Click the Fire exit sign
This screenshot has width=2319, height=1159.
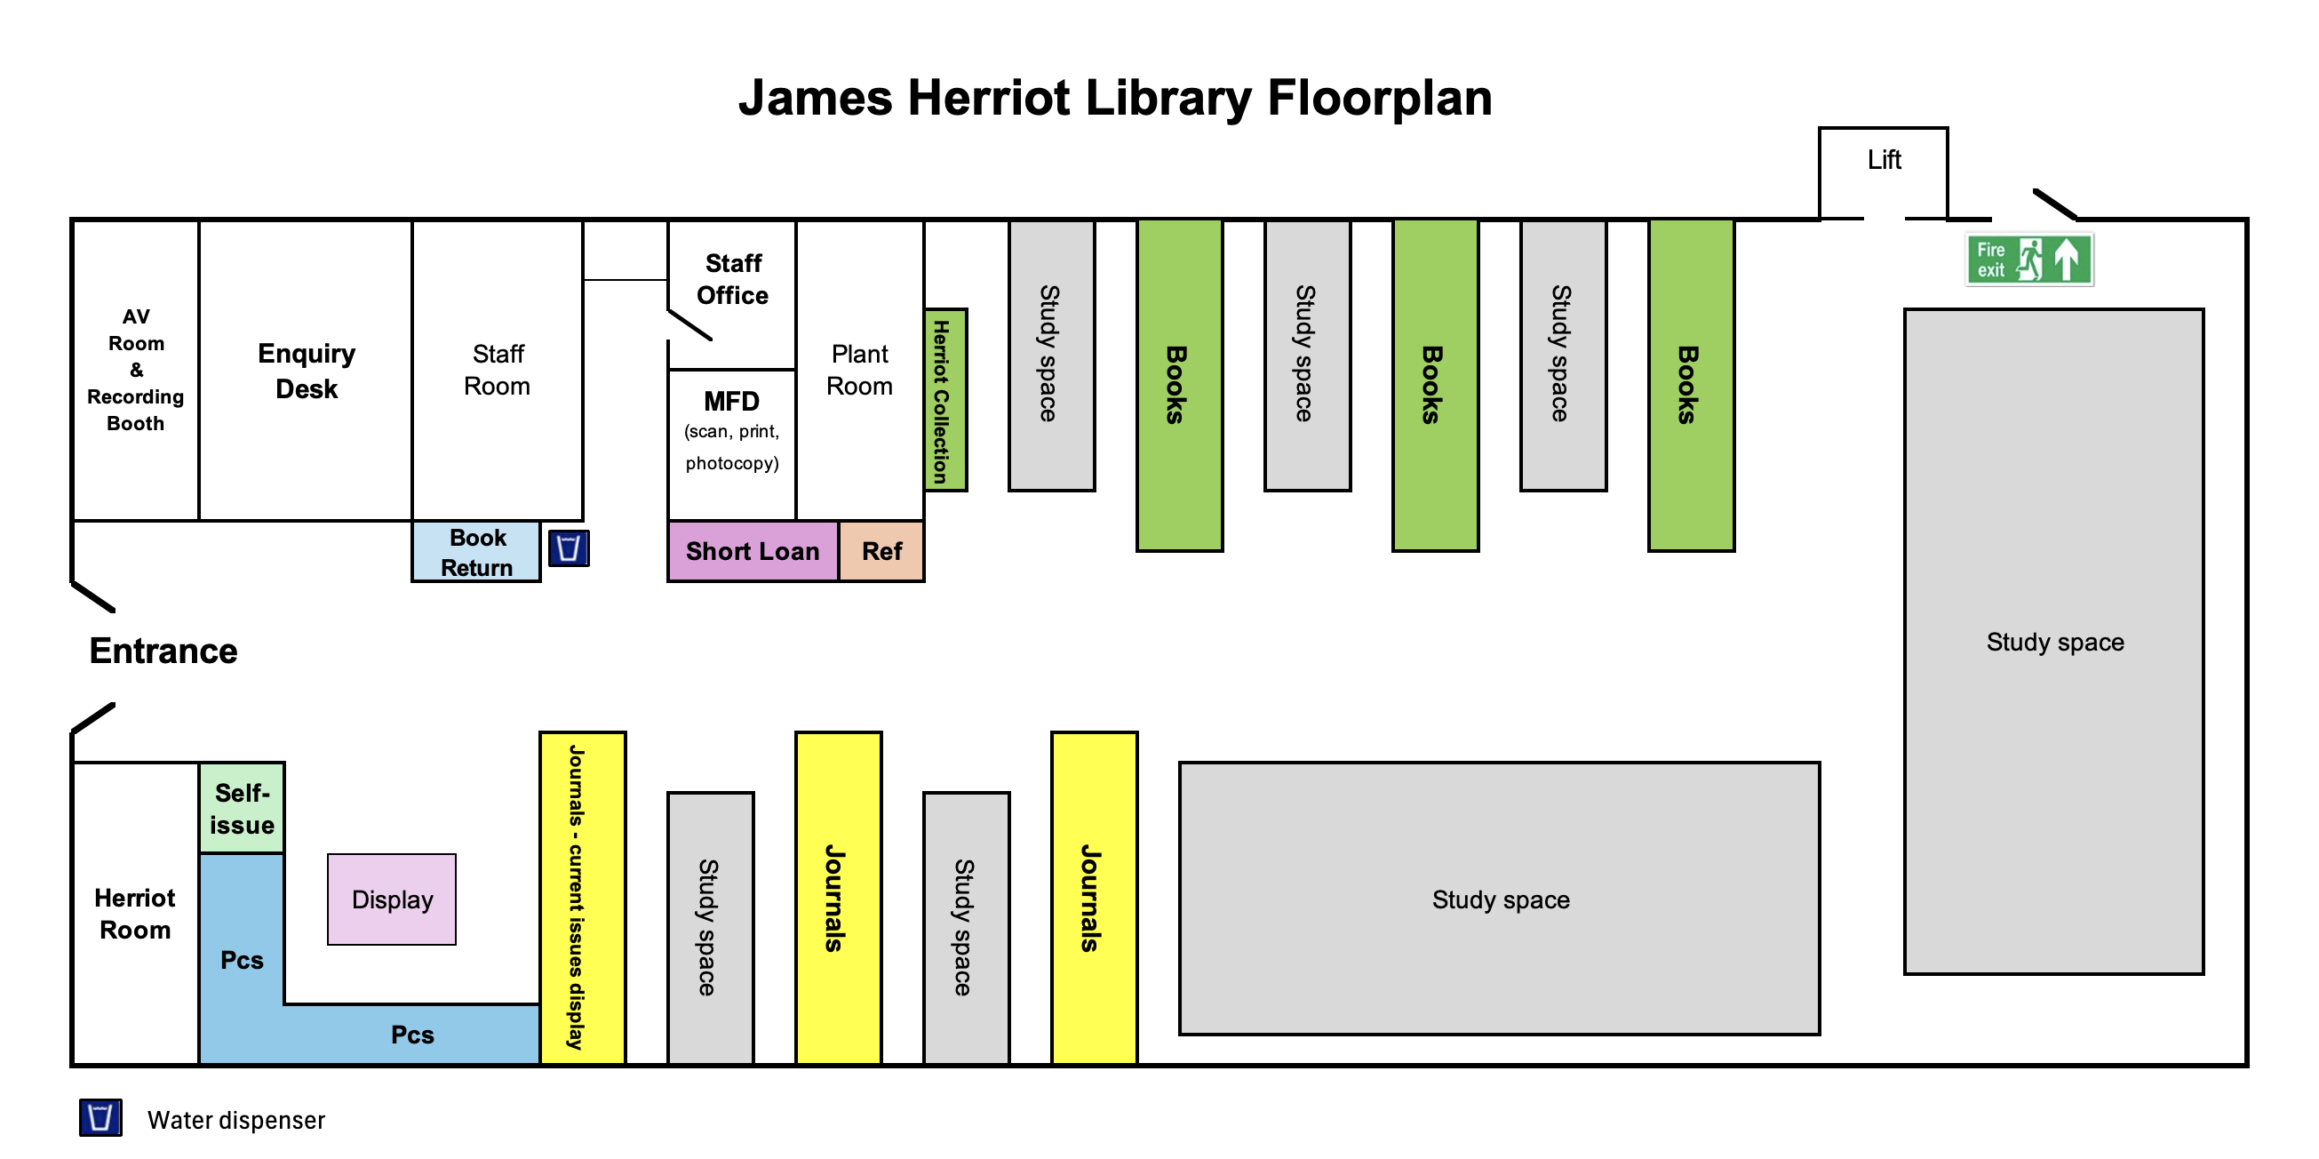(2028, 260)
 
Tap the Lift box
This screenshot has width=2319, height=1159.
(1883, 172)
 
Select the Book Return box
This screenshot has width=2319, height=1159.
(476, 551)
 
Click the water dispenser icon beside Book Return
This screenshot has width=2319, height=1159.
(568, 548)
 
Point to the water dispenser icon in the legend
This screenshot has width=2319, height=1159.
(100, 1116)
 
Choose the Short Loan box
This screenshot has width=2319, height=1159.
(752, 551)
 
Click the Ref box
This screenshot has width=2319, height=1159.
(881, 551)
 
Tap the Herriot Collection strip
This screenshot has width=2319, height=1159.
(944, 400)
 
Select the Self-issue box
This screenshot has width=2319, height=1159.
(242, 808)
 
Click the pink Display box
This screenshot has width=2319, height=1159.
(392, 899)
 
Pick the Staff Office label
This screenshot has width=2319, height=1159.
(732, 279)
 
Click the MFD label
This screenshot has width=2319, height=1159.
(731, 401)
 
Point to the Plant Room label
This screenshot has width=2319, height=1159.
(859, 369)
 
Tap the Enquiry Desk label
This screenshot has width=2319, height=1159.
(306, 370)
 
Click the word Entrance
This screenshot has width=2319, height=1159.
(163, 651)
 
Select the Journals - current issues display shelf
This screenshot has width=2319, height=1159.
(582, 897)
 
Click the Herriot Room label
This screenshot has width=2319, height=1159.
(135, 913)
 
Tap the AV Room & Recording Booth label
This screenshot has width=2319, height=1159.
(135, 369)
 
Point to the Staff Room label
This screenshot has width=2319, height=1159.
(497, 369)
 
